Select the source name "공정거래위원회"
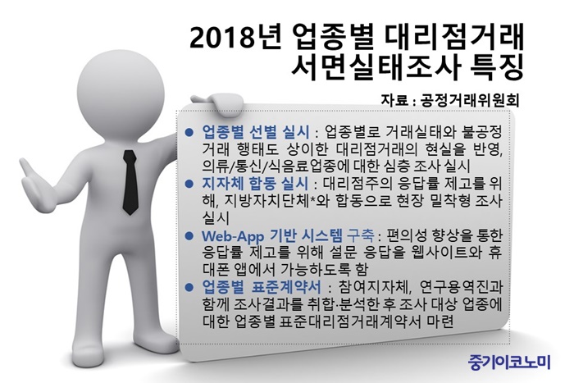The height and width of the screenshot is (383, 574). (470, 100)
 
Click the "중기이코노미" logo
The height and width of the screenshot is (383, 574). (509, 362)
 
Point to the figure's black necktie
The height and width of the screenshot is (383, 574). (130, 182)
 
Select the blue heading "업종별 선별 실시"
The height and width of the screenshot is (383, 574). (256, 132)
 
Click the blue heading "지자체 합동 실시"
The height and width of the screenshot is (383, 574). (256, 184)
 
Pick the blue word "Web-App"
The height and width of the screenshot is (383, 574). (233, 236)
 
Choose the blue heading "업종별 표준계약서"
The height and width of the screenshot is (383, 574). (262, 287)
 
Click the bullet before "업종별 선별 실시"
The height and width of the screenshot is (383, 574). (189, 132)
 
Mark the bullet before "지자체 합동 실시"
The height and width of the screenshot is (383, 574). (189, 184)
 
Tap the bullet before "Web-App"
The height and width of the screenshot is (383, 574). (189, 235)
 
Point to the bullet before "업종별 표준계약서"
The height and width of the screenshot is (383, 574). (189, 287)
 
